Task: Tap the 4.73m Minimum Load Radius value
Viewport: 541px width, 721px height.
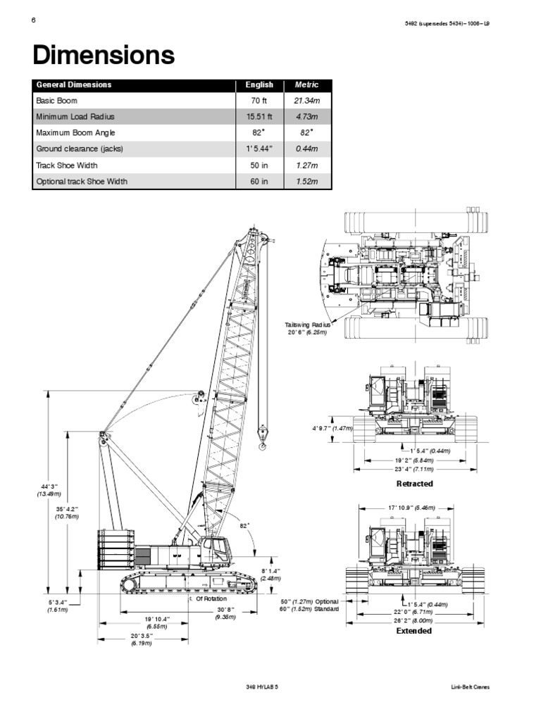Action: [306, 117]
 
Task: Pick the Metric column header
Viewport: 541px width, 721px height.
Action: [306, 84]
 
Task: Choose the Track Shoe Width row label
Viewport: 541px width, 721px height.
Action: [67, 165]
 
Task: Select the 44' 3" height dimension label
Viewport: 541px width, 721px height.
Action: [47, 490]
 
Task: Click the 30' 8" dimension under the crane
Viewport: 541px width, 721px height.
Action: [225, 613]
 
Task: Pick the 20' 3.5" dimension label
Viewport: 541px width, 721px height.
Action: [142, 639]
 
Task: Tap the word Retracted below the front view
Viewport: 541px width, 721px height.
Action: [415, 484]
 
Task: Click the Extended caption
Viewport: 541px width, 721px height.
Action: [414, 631]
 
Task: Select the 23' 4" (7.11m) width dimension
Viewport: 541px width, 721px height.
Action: [414, 469]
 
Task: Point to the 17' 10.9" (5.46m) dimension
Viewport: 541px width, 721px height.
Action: [411, 507]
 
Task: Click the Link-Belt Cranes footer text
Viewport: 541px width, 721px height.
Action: [470, 686]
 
